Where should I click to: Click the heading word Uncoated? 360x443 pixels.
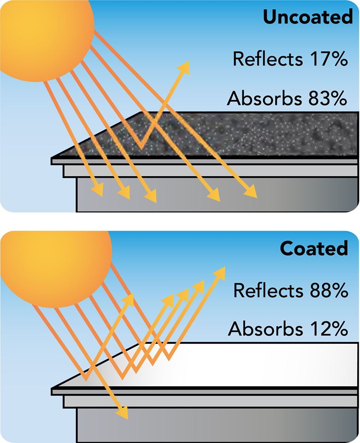(308, 17)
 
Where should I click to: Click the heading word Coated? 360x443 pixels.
(314, 248)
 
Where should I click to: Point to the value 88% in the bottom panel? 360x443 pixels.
(329, 290)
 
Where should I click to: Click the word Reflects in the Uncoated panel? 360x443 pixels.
(268, 59)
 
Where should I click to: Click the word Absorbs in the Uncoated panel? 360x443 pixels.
(264, 98)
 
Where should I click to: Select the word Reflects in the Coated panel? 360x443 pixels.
(268, 290)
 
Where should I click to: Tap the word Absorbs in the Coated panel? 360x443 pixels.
(265, 329)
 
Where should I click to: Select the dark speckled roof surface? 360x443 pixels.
(209, 134)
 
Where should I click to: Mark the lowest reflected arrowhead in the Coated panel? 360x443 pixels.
(128, 300)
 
